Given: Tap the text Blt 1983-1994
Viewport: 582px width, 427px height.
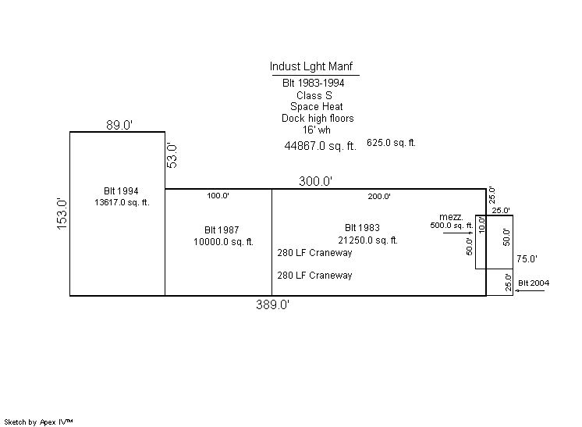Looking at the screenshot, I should coord(313,83).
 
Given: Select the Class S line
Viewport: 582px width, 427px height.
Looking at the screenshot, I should coord(314,95).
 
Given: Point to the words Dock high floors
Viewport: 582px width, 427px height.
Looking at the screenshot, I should coord(318,119).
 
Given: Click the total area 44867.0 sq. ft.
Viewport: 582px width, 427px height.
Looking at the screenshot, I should coord(320,146).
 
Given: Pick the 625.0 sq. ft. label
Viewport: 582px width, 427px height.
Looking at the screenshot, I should coord(392,143).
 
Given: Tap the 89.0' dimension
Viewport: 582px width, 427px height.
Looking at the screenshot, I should coord(120,125).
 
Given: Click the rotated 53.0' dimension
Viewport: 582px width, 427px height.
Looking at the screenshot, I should coord(173,155).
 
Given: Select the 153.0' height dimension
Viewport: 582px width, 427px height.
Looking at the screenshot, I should coord(62,213).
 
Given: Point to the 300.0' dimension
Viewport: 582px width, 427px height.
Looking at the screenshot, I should coord(316,182).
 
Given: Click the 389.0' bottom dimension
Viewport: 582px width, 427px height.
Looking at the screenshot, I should coord(272,305).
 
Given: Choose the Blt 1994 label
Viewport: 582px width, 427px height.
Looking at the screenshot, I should coord(121,191).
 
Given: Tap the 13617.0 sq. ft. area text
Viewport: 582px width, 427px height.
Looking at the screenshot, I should coord(121,203).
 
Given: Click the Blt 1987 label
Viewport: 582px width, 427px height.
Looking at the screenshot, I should coord(222,230).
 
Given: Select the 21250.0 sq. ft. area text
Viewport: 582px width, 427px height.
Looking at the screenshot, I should coord(368,240).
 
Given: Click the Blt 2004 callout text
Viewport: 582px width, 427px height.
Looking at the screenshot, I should coord(534,283).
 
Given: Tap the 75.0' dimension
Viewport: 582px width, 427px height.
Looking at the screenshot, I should coord(527,258).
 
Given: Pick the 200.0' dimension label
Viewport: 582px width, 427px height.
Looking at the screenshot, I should coord(379,197).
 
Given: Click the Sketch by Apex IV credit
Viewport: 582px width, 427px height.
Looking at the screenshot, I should coord(38,422).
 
